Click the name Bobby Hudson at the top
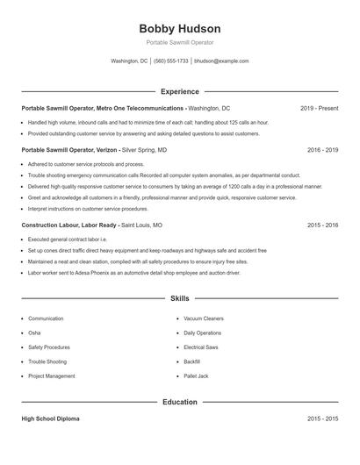pos(179,28)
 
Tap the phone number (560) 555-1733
pos(171,61)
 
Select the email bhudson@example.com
pos(221,61)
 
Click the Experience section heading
pos(179,91)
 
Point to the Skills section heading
pos(179,299)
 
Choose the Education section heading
pos(179,402)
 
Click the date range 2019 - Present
pos(319,108)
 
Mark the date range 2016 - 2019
pos(322,150)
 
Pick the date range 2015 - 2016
pos(322,225)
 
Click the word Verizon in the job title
pos(104,150)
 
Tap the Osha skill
pos(34,333)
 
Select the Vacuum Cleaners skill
pos(204,318)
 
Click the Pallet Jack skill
pos(195,376)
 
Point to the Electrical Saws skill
pos(201,347)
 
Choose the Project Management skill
pos(51,376)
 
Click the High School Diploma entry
pos(50,419)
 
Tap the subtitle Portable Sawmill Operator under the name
pos(179,42)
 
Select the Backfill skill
pos(191,361)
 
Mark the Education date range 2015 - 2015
pos(322,419)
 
